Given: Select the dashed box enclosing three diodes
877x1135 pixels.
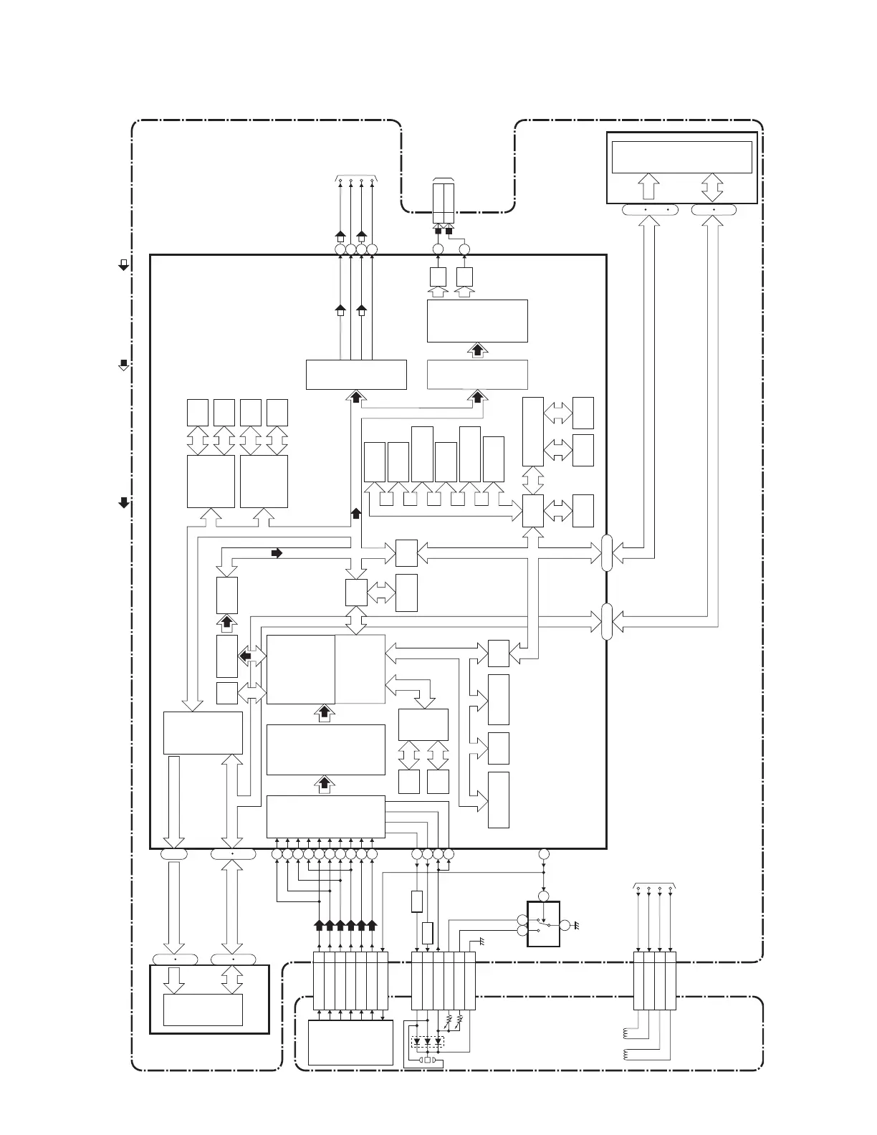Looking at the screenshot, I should click(x=428, y=1042).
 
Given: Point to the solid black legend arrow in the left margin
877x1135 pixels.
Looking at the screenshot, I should click(x=123, y=502).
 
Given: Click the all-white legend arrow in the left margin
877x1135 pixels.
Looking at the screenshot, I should click(x=123, y=264).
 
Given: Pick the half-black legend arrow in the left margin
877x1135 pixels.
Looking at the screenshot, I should click(x=123, y=364).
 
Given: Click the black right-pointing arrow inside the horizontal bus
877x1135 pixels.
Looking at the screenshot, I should click(x=277, y=553).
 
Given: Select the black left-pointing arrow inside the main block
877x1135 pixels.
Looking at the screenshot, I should click(x=245, y=655).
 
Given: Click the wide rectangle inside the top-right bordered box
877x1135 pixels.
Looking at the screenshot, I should click(x=681, y=157).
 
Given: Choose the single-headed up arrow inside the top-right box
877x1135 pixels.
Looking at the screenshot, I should click(x=648, y=186).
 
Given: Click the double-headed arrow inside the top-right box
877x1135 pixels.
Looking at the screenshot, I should click(x=713, y=186).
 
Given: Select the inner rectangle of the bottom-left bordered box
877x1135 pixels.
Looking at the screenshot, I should click(x=203, y=1010).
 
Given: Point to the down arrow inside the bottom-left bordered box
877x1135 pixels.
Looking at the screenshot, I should click(x=174, y=980).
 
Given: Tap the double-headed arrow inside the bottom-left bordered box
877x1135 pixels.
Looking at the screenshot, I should click(x=232, y=980).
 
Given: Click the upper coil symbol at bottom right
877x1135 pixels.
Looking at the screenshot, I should click(x=626, y=1033).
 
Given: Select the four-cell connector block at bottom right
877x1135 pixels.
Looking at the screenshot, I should click(x=655, y=980).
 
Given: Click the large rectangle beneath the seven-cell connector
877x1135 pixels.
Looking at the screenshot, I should click(x=350, y=1043).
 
